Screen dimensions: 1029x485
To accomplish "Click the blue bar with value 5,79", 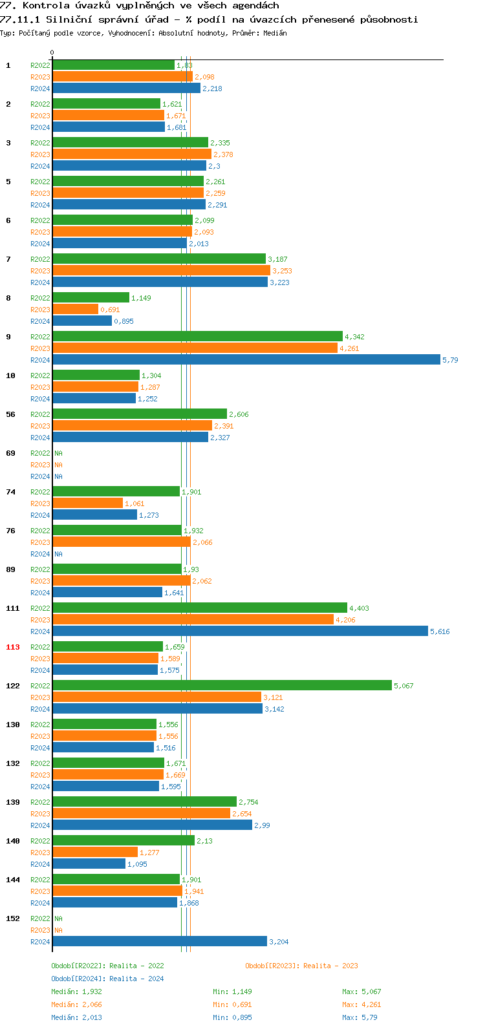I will [x=246, y=360].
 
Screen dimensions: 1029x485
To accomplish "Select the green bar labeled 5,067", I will [x=222, y=686].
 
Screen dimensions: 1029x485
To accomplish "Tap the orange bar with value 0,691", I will [x=75, y=310].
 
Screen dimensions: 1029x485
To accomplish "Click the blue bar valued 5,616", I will [x=240, y=631].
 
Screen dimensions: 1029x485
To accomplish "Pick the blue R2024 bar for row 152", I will [x=160, y=942].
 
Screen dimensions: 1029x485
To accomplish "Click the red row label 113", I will [x=13, y=647].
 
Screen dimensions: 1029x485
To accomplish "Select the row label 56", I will [x=11, y=414].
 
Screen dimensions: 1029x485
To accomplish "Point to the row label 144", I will [x=13, y=880].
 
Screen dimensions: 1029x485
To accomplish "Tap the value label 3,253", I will [x=282, y=271].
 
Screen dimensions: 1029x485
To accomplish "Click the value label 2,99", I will [x=262, y=825].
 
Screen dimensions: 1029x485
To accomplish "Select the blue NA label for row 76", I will [x=58, y=554].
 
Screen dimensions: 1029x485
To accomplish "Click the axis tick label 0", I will [x=52, y=53].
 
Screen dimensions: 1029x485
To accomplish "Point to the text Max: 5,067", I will [x=361, y=992].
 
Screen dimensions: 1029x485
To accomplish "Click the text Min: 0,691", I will [x=232, y=1004].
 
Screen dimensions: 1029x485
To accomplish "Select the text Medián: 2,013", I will [x=76, y=1017].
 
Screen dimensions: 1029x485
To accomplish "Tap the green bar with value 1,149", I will [x=91, y=298].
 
